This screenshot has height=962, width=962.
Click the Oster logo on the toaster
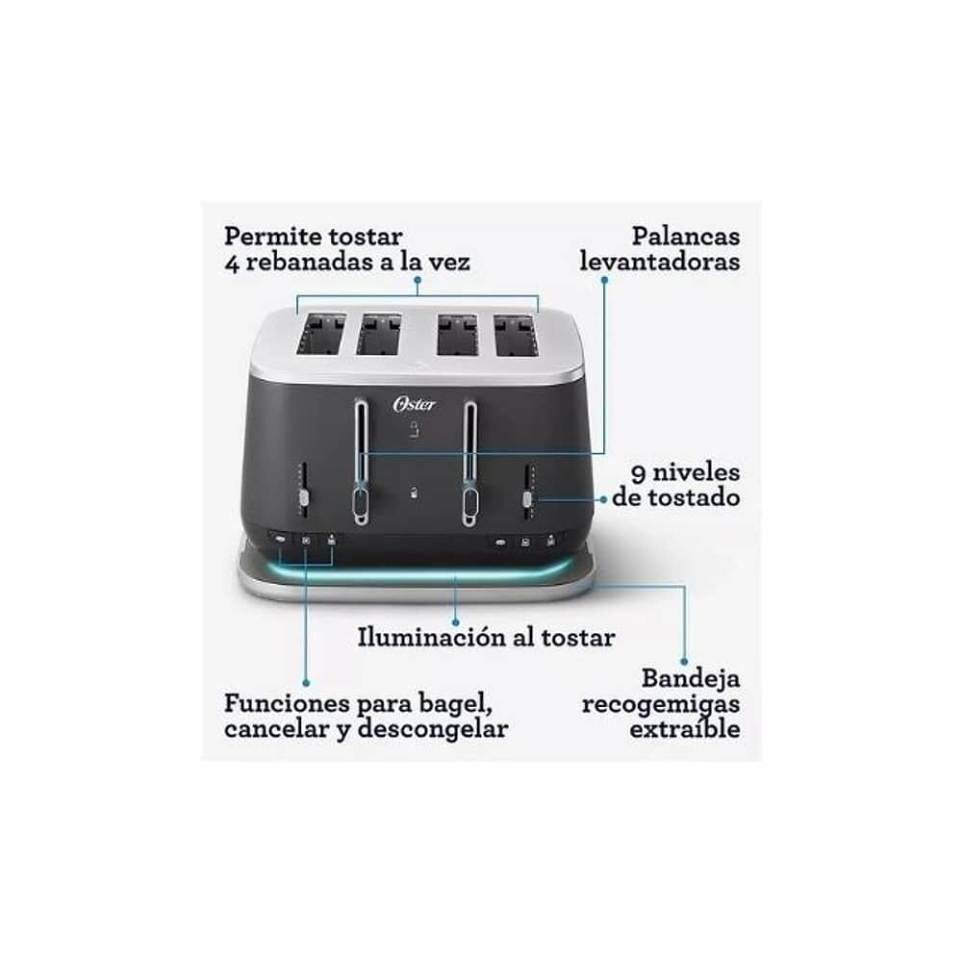(x=414, y=404)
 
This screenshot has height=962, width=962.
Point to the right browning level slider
(x=528, y=498)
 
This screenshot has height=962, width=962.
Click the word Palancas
(x=686, y=236)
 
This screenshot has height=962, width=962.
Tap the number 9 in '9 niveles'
(x=638, y=472)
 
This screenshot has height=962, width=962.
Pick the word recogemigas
(x=660, y=704)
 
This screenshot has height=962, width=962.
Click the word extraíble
(x=685, y=729)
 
